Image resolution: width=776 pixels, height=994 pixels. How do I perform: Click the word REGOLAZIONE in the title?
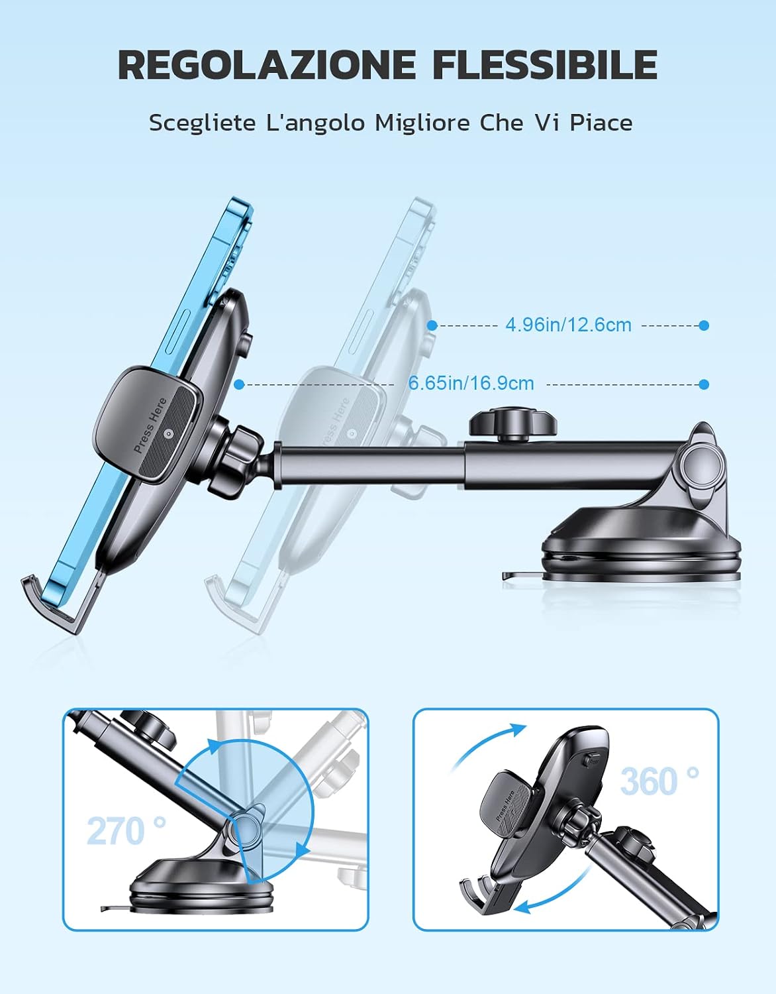[x=267, y=64]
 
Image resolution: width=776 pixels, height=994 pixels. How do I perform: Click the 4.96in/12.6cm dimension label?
[x=568, y=325]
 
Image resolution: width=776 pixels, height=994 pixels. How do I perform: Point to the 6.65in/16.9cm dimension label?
[x=471, y=383]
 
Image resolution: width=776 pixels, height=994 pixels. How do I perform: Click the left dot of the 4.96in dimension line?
[x=432, y=325]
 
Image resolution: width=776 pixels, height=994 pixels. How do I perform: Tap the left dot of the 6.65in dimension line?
[x=238, y=385]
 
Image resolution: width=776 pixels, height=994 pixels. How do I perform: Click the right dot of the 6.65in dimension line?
[x=704, y=384]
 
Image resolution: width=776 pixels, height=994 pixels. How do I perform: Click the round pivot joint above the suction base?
[x=703, y=470]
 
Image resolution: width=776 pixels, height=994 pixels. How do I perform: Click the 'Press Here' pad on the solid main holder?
[x=146, y=423]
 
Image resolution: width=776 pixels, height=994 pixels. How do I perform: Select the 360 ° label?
[x=659, y=781]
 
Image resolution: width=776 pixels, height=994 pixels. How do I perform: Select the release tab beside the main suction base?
[x=522, y=575]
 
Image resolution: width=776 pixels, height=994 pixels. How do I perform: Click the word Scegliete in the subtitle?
[x=202, y=123]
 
